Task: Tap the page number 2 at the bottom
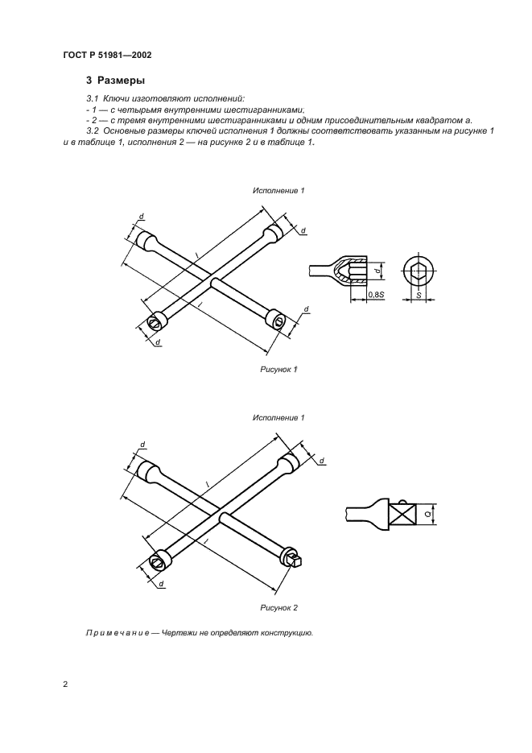pos(65,685)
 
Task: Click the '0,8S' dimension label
pos(375,296)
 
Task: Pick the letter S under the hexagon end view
pos(419,296)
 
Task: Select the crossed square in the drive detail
pos(404,514)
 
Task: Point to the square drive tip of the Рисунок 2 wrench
pos(295,557)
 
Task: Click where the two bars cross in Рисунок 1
pos(212,281)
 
